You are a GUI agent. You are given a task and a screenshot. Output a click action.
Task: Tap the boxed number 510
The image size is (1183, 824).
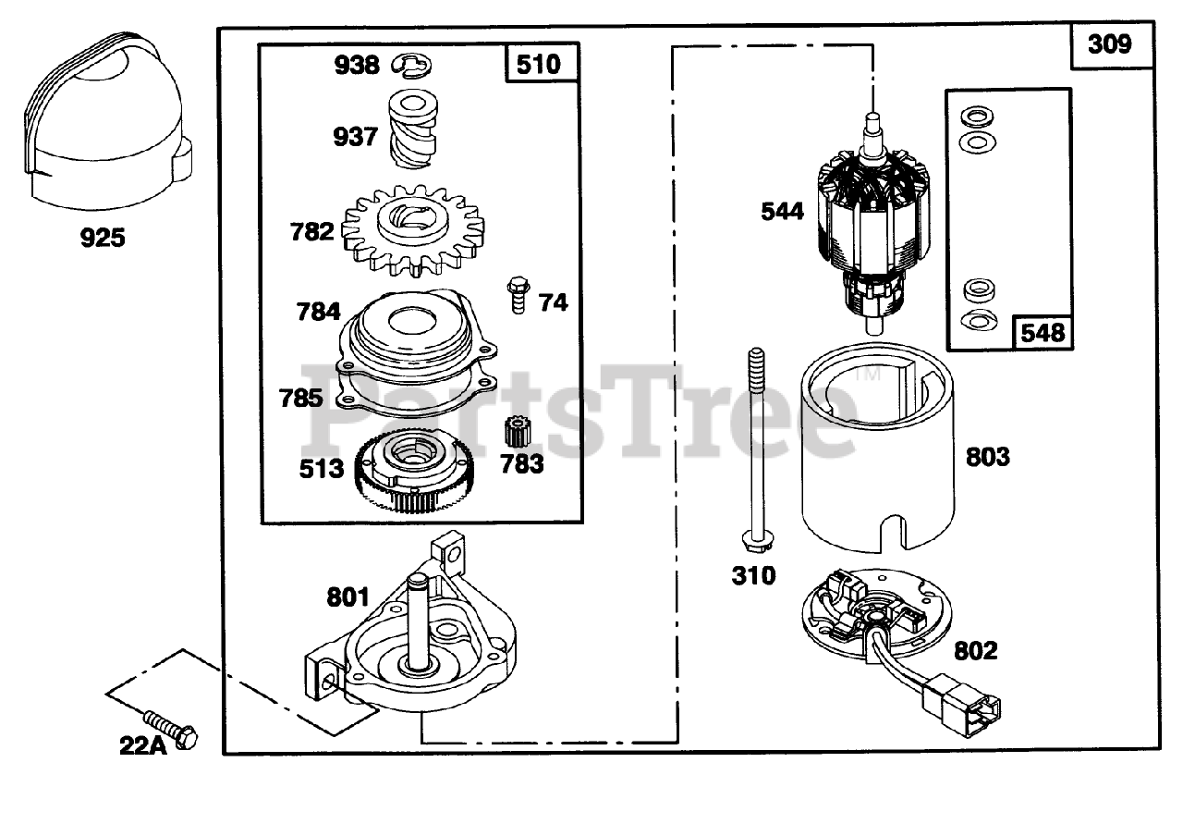[539, 65]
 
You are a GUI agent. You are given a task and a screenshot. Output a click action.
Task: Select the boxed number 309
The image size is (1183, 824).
[1109, 44]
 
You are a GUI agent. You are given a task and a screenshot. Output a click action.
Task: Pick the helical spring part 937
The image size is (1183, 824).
[413, 132]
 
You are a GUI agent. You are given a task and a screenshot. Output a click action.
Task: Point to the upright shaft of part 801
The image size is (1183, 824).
[421, 620]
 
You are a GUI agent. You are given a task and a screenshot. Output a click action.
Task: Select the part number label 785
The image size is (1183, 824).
[301, 398]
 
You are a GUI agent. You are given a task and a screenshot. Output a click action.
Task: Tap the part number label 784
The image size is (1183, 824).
[319, 312]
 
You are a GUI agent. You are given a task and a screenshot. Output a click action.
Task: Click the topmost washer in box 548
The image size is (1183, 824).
[974, 116]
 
